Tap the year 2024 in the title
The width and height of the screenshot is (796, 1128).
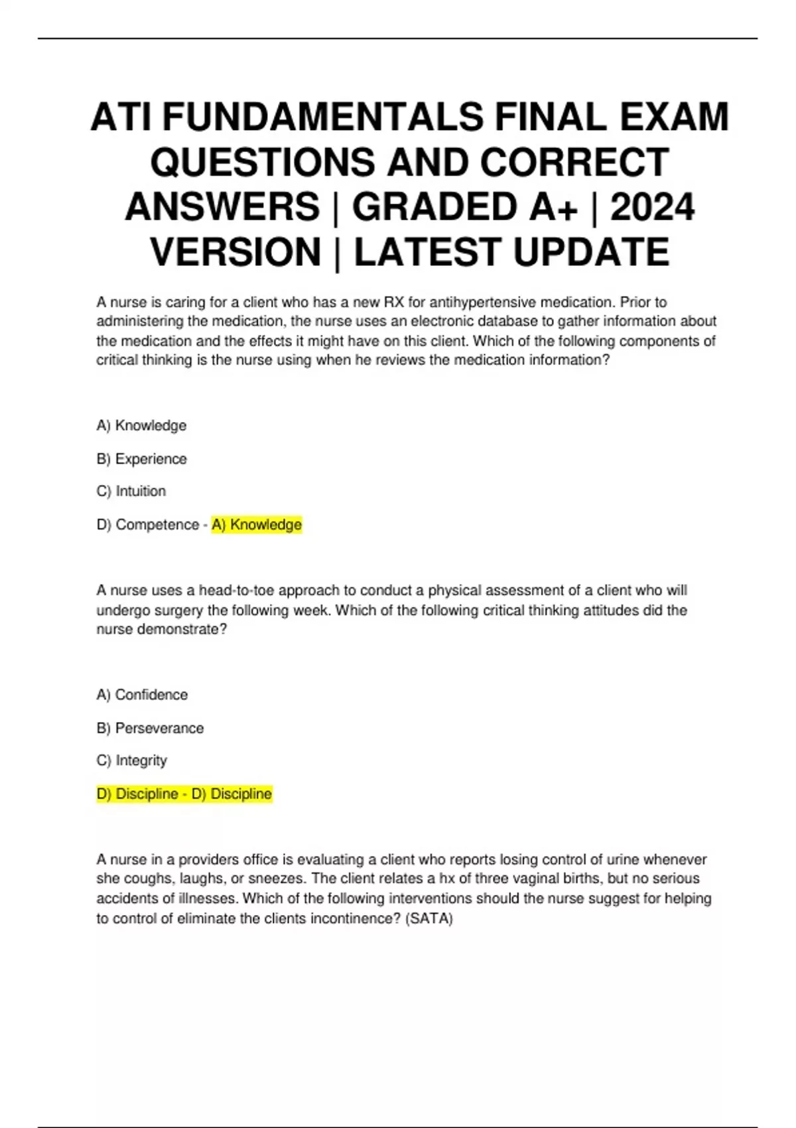tap(652, 206)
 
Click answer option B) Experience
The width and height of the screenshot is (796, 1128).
tap(141, 459)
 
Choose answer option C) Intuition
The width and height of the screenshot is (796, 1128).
tap(131, 492)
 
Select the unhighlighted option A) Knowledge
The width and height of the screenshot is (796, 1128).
tap(141, 426)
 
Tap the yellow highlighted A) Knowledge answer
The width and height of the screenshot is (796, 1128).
tap(257, 525)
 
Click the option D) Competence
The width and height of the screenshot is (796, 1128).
tap(147, 525)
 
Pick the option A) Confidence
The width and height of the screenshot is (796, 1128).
tap(142, 695)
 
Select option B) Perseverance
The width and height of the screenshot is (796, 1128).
tap(150, 728)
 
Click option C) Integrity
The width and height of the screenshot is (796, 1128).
tap(131, 760)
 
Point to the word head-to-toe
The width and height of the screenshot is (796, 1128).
tap(236, 591)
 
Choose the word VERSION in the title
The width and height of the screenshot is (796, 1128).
tap(236, 252)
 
